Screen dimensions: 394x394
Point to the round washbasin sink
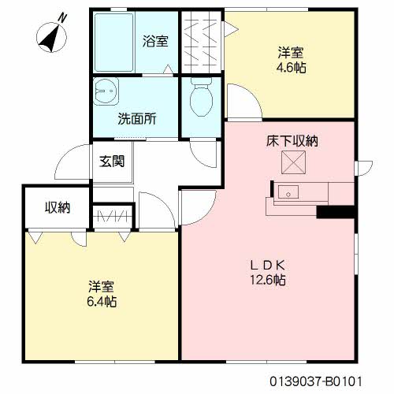click(x=106, y=94)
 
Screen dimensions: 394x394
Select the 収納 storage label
click(x=58, y=208)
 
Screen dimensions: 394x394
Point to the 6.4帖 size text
click(x=102, y=301)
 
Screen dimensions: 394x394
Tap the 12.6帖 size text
click(x=269, y=279)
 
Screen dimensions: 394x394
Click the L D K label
click(x=268, y=264)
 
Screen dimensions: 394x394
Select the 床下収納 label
click(x=292, y=143)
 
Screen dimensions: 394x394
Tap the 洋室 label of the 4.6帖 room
click(x=292, y=53)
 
